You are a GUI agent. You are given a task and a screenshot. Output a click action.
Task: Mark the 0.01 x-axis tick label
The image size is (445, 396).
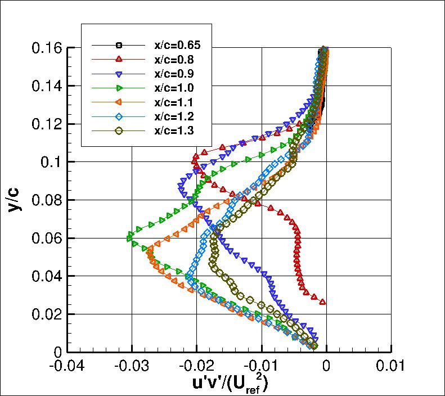point(390,366)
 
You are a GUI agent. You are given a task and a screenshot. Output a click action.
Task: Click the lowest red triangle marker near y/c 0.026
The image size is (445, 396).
point(322,302)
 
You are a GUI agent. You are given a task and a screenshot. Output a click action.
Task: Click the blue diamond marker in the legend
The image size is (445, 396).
point(118,116)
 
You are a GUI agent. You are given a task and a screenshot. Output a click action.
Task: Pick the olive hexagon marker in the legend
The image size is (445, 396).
point(118,131)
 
